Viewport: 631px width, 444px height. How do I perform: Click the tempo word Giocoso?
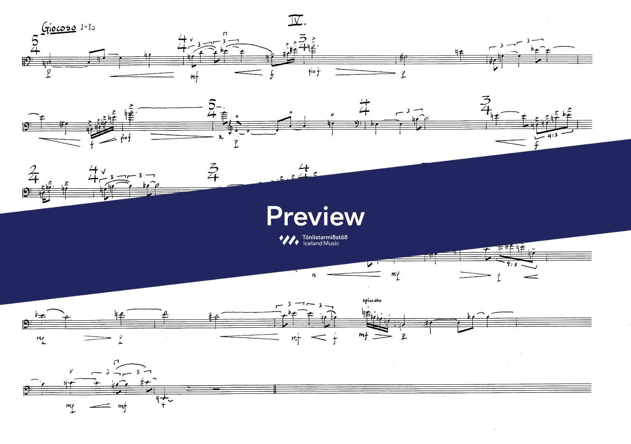pos(59,28)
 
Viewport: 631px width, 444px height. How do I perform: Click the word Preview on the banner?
pos(315,216)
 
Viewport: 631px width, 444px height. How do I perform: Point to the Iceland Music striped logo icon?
pos(289,240)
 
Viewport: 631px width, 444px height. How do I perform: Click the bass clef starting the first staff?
pos(26,62)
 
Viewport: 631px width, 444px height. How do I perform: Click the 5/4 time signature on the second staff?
pos(212,108)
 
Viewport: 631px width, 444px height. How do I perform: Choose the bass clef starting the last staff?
pos(26,388)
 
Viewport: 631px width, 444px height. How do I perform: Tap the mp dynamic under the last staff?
pos(71,407)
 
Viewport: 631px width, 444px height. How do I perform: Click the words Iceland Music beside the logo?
pos(321,243)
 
